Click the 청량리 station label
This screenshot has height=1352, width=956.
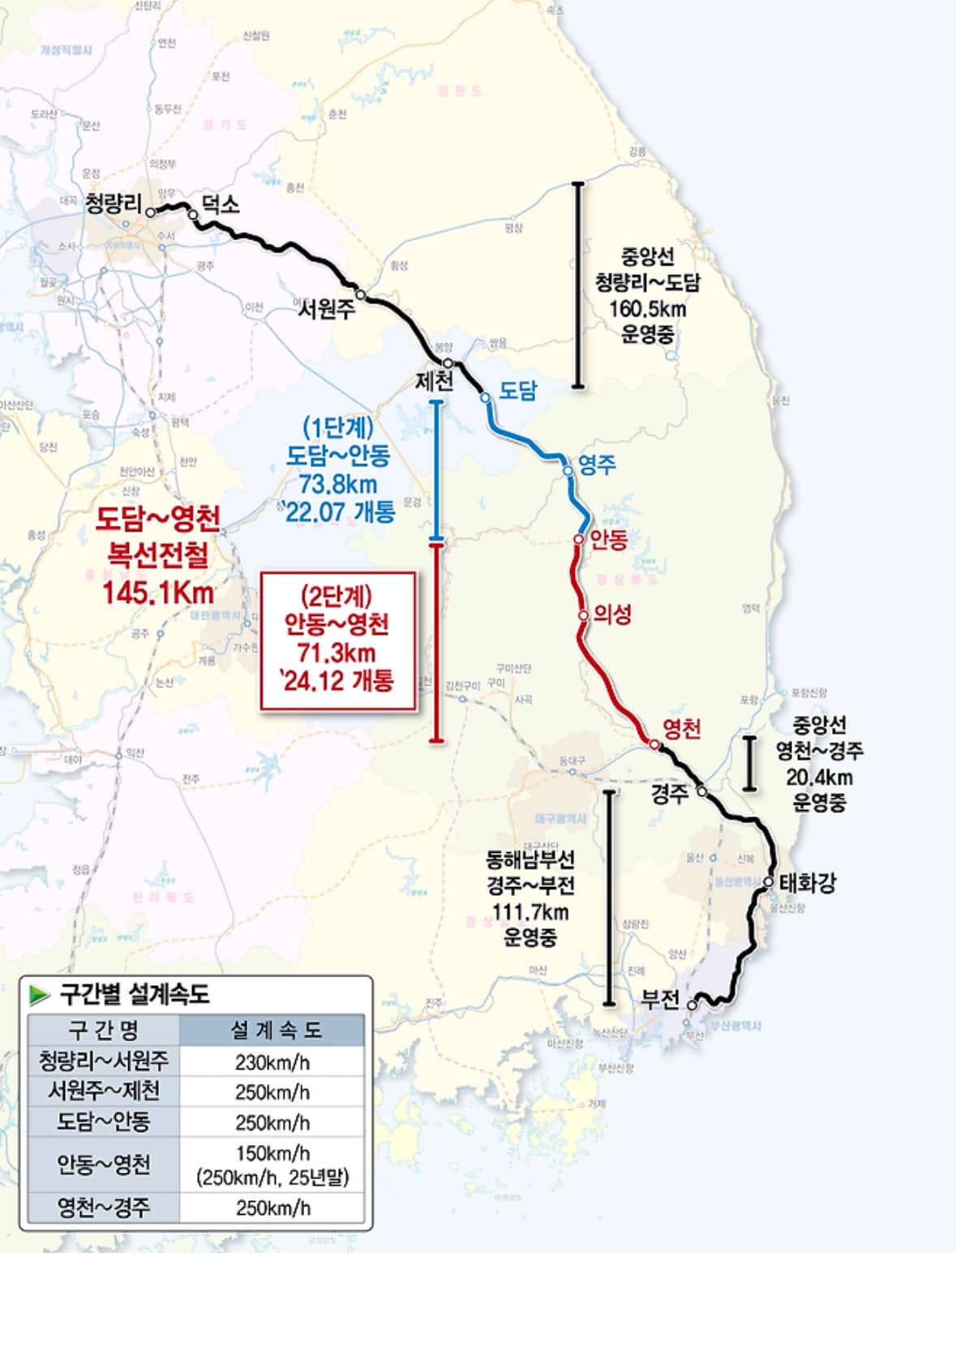114,203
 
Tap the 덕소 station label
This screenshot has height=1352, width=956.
221,205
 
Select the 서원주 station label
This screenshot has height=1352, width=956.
327,309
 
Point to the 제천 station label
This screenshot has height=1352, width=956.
435,381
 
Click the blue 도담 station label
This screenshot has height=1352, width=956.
517,390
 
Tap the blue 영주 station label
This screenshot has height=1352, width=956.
597,465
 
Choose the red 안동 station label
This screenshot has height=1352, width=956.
608,540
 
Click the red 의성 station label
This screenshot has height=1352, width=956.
612,614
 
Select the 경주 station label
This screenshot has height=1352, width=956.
670,793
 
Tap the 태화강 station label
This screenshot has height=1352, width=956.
808,883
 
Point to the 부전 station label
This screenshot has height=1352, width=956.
660,999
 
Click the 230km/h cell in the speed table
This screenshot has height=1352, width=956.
272,1062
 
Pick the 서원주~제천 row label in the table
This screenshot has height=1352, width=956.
104,1091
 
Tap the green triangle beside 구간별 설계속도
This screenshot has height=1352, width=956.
39,994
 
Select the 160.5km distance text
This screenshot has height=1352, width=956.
648,309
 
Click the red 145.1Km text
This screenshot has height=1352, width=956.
158,593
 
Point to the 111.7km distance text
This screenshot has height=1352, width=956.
530,912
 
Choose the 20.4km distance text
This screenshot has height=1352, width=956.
819,777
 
